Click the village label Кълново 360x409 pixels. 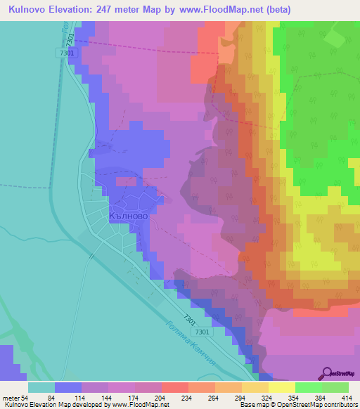click(x=129, y=217)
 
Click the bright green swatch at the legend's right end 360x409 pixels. click(x=335, y=387)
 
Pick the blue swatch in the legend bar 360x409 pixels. click(x=68, y=387)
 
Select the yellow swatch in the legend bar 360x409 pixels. click(x=282, y=387)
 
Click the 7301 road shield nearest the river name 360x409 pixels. click(x=202, y=332)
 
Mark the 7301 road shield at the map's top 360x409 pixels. click(x=66, y=53)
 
